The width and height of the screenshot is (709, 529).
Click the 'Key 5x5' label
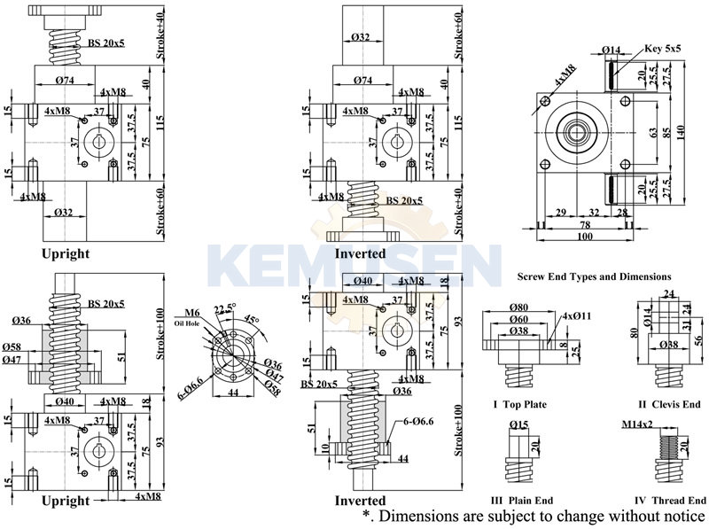click(x=664, y=50)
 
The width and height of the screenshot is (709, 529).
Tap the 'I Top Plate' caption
click(x=519, y=404)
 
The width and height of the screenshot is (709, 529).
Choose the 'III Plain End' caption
click(x=520, y=501)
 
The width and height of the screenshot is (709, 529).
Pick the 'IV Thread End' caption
click(x=669, y=501)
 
